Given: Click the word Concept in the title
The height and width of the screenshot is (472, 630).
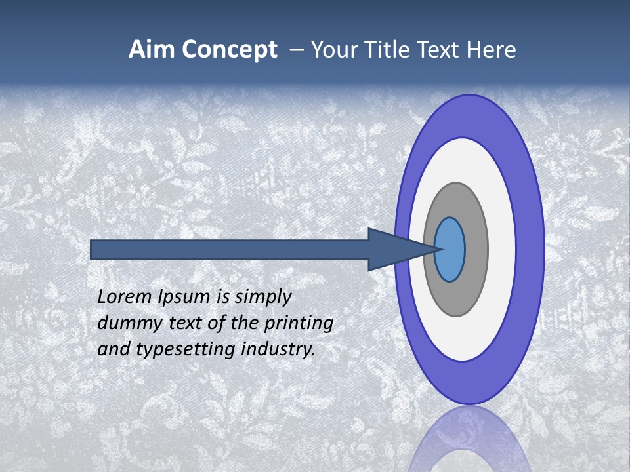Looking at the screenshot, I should click(x=230, y=50).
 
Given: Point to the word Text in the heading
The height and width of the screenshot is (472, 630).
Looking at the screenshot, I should click(x=441, y=50).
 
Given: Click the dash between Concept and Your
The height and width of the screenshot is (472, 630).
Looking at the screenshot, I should click(x=296, y=50).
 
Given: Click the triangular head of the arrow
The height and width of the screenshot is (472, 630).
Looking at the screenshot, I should click(x=394, y=250).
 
